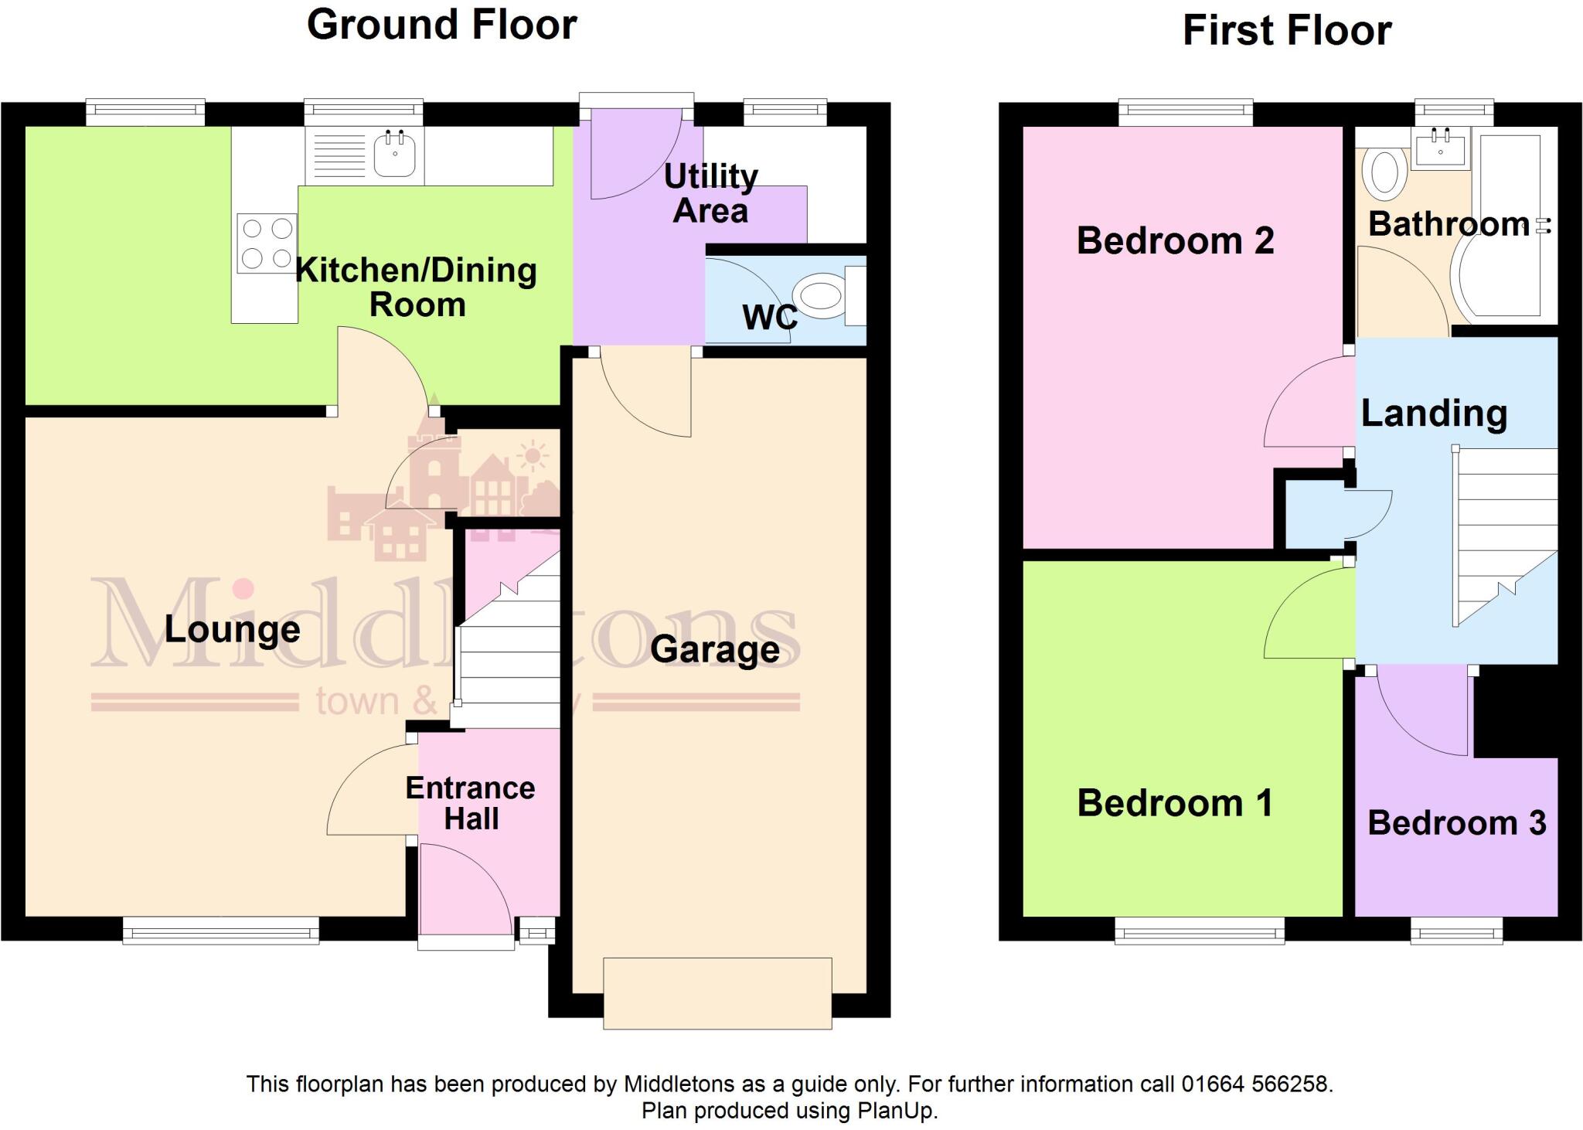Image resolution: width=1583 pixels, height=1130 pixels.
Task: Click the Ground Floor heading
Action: point(441,25)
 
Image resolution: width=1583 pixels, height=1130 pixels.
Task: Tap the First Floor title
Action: point(1287,31)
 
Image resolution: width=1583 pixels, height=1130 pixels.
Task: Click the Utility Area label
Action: point(710,193)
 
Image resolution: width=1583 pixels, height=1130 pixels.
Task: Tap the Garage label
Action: point(714,649)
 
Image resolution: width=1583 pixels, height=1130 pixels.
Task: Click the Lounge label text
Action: point(232,630)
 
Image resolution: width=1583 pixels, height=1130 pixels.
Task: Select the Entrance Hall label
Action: point(470,803)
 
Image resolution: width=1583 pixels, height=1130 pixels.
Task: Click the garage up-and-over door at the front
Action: point(717,993)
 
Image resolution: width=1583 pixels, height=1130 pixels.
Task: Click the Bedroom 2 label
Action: point(1175,240)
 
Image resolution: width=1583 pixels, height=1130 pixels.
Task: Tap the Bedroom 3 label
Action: point(1456,823)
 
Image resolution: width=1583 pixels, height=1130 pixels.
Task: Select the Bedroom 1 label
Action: point(1175,803)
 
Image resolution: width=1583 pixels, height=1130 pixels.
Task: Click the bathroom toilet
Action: point(1384,172)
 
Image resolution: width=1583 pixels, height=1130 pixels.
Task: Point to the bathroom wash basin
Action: point(1440,148)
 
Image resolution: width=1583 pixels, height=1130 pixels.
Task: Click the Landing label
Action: point(1434,414)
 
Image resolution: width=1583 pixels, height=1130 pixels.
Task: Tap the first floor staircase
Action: point(1504,533)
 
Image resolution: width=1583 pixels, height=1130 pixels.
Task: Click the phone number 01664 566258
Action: point(1255,1084)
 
